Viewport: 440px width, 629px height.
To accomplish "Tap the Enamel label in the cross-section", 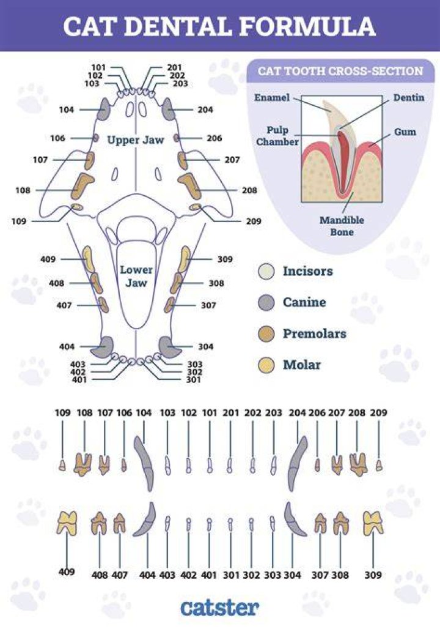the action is (x=272, y=97).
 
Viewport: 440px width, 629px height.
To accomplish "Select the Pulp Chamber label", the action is (x=277, y=136).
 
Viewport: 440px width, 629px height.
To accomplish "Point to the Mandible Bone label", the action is (x=342, y=226).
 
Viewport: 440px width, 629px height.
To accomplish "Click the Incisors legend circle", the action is (x=266, y=272).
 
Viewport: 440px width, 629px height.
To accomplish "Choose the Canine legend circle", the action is (x=266, y=302).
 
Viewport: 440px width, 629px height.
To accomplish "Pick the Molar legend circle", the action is (x=266, y=365).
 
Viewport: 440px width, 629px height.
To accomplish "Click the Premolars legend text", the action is (x=315, y=333).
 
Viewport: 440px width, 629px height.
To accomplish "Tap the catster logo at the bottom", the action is (x=219, y=608).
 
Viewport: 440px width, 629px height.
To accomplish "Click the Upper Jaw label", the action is (x=136, y=140).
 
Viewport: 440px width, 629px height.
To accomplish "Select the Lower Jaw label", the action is (x=136, y=277).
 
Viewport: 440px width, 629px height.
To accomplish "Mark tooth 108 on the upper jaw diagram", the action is (x=82, y=186).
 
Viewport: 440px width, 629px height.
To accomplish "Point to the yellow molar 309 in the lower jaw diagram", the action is (x=184, y=259).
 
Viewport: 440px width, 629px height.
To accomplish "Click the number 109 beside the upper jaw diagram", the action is (x=18, y=221).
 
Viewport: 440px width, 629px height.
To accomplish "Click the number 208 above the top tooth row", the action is (x=357, y=413).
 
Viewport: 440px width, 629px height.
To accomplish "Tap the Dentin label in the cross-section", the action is (x=408, y=97).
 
